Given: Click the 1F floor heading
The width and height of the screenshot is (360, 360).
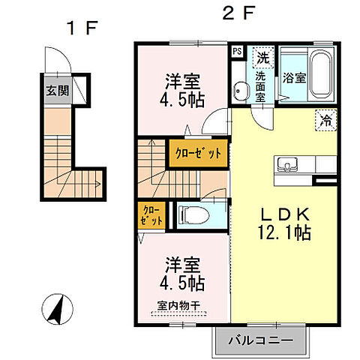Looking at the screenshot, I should (82, 28).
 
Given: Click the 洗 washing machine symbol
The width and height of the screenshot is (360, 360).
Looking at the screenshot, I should (263, 57).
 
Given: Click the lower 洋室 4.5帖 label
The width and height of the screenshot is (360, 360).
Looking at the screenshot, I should (180, 274).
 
